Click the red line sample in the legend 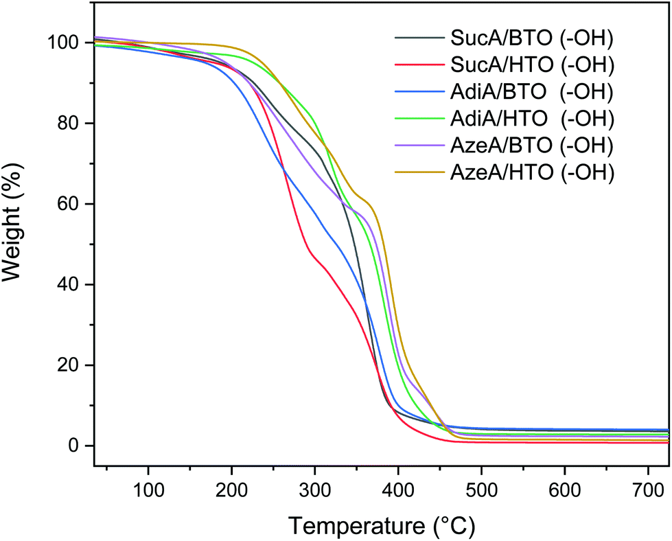click(x=417, y=65)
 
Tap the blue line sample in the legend click(x=417, y=92)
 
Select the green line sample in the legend click(x=417, y=119)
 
